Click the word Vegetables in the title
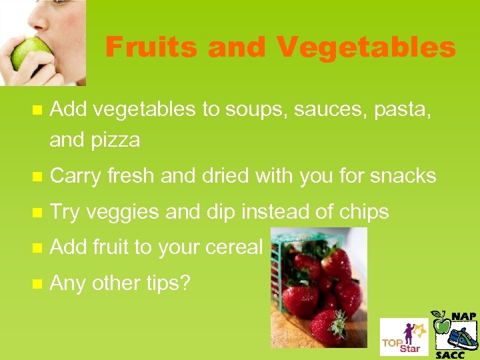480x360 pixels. point(366,47)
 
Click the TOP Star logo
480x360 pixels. point(403,337)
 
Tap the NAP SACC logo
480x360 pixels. point(455,333)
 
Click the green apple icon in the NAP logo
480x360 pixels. point(441,324)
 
